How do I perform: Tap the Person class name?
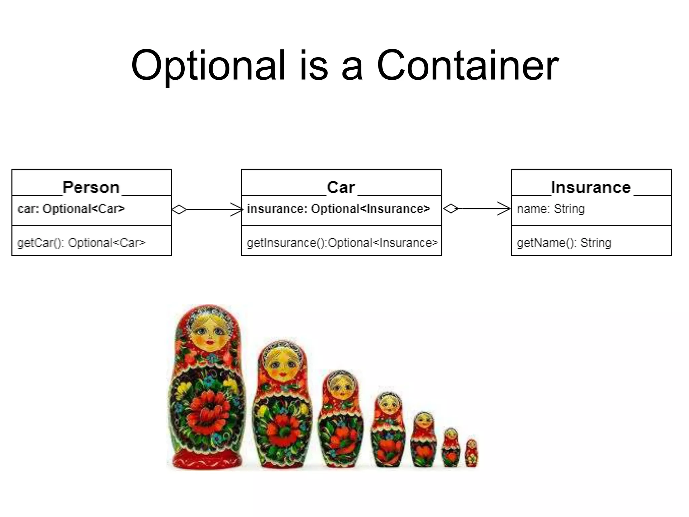click(91, 187)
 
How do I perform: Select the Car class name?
click(341, 187)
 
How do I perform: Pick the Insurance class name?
click(591, 187)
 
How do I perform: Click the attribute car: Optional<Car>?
click(71, 209)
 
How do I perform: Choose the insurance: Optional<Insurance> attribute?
click(338, 209)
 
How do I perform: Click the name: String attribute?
click(551, 209)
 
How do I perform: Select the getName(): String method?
click(564, 243)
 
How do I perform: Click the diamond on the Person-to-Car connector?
click(179, 209)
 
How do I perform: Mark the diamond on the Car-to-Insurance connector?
click(450, 209)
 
